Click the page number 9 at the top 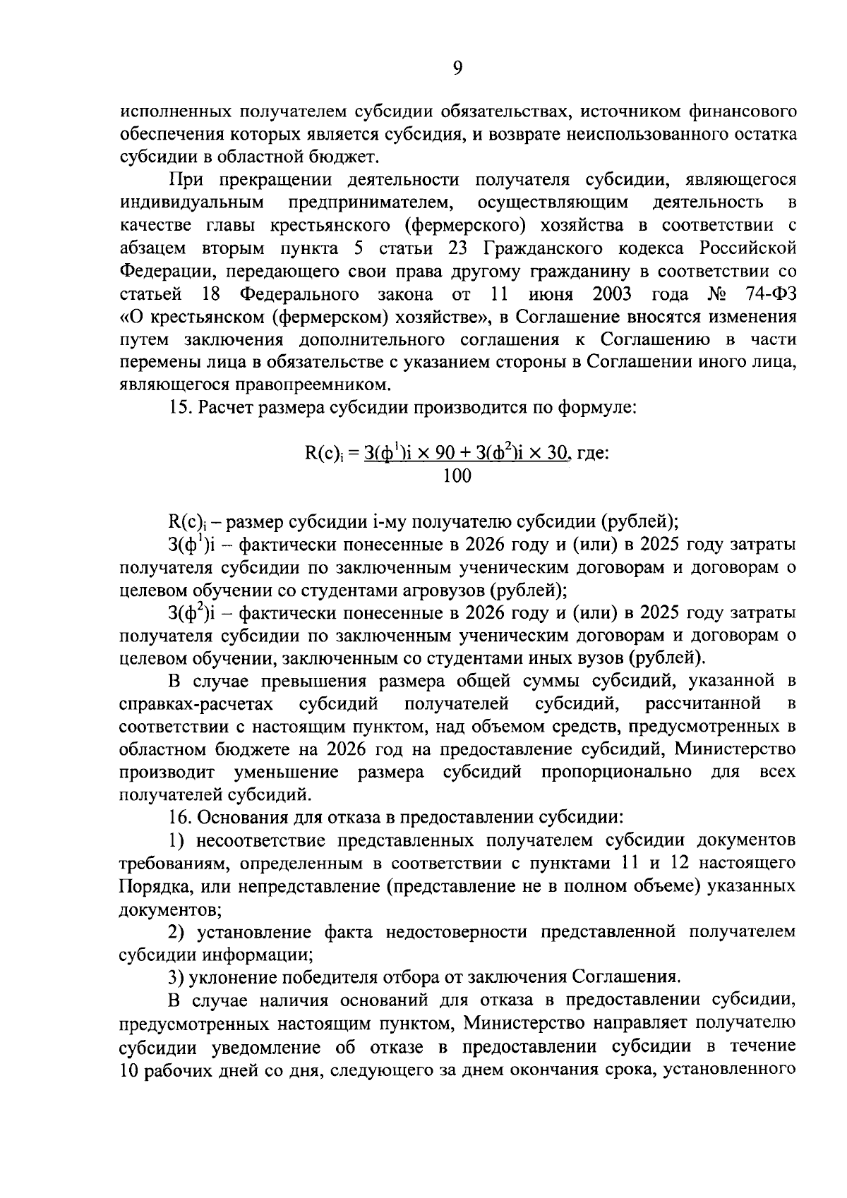457,68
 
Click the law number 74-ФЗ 770,294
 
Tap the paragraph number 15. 179,408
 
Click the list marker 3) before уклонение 176,977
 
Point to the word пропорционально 616,771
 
